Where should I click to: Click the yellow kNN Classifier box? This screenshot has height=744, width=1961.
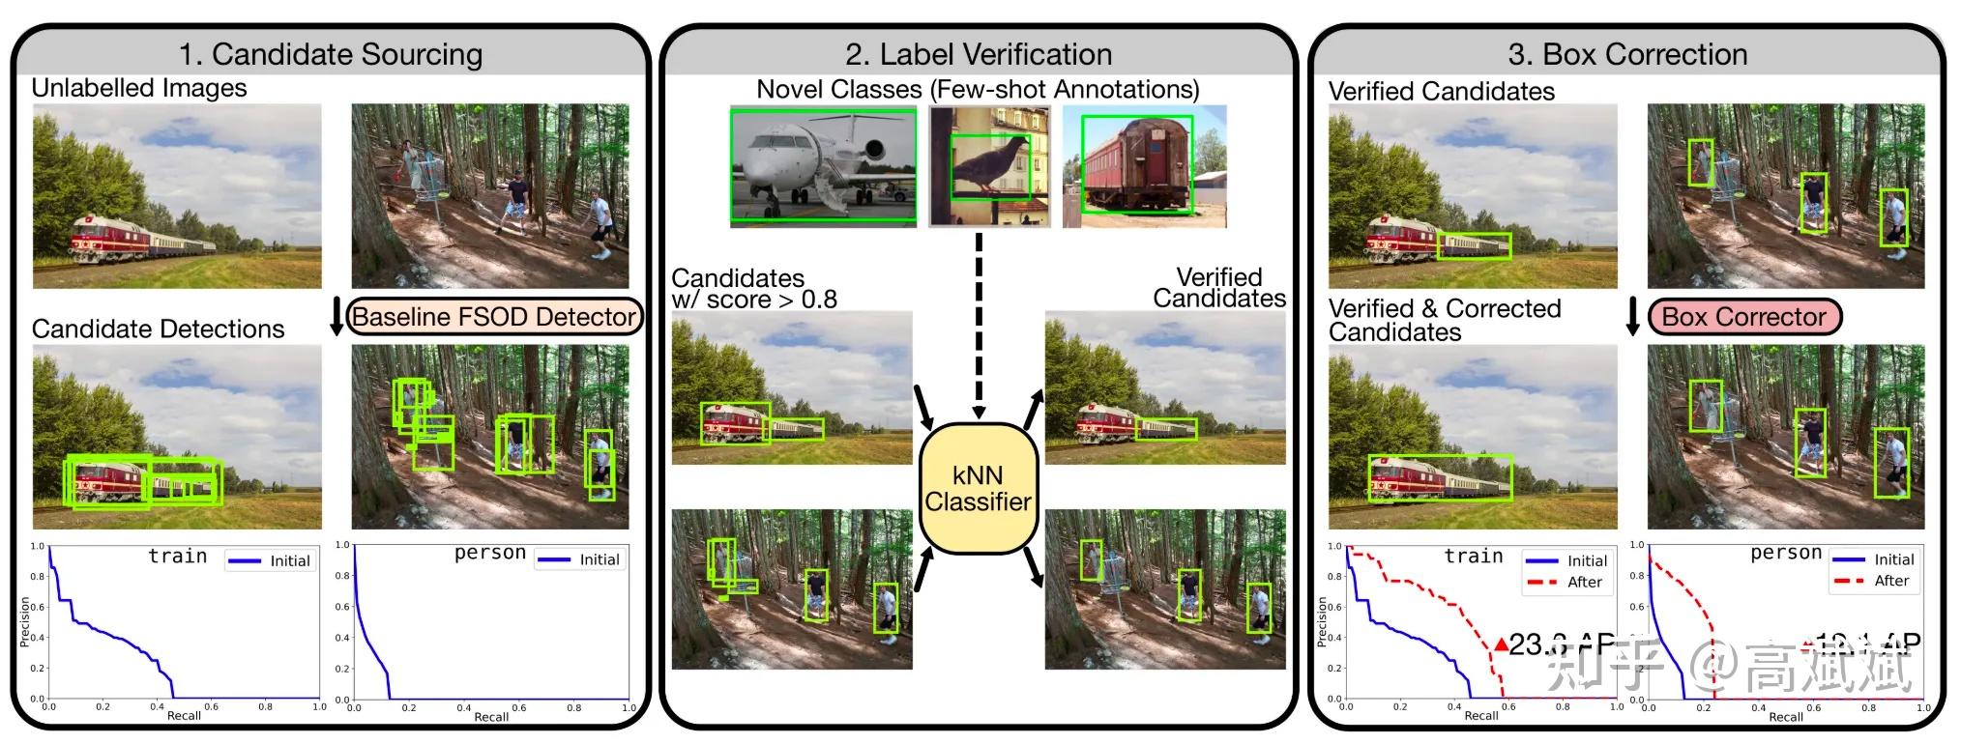(x=978, y=488)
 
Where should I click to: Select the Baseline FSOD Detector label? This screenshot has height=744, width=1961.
(x=494, y=317)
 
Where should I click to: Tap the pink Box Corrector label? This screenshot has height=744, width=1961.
(x=1743, y=317)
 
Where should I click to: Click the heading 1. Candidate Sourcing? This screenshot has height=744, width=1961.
(x=330, y=54)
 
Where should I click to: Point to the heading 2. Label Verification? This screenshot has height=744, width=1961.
(x=978, y=54)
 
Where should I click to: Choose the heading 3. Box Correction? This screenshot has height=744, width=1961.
(x=1626, y=54)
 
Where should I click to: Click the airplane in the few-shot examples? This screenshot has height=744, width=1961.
(x=823, y=165)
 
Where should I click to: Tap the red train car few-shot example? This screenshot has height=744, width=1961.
(x=1136, y=166)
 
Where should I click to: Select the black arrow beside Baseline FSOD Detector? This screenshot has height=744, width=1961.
(x=337, y=317)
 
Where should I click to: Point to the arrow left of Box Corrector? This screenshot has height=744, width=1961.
(x=1632, y=317)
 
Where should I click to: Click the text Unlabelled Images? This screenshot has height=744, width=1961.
(x=139, y=88)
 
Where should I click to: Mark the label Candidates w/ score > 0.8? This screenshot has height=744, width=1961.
(x=753, y=289)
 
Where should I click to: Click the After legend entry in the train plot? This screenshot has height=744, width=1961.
(x=1566, y=582)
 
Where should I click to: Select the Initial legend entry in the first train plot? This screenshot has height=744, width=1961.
(x=271, y=560)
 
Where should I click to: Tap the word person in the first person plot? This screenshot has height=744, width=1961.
(x=489, y=553)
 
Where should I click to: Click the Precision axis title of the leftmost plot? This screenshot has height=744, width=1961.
(x=25, y=621)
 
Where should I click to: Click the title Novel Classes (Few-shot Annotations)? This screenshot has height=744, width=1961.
(x=978, y=90)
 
